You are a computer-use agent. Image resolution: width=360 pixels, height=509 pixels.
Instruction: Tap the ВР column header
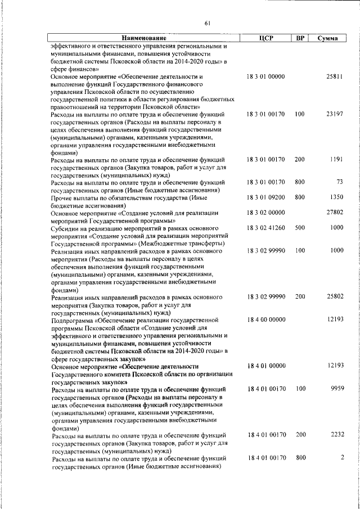tap(300, 38)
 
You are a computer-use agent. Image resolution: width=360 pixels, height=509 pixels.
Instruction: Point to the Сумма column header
tap(327, 38)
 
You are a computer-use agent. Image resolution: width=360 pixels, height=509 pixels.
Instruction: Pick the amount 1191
tap(336, 159)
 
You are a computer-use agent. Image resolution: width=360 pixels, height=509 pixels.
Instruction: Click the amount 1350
tap(336, 197)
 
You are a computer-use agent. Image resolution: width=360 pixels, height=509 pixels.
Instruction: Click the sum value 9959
tap(336, 388)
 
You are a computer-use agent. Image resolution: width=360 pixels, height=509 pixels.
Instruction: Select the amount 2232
tap(336, 434)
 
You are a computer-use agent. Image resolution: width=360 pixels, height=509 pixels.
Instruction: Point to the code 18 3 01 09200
tap(266, 197)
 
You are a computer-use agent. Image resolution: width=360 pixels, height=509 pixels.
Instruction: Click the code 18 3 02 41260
tap(266, 228)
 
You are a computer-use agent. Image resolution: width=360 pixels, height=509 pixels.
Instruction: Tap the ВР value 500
tap(300, 228)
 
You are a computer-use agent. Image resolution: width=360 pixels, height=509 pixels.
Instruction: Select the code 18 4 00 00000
tap(266, 319)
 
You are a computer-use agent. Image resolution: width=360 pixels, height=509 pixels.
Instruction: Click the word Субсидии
tap(66, 228)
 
